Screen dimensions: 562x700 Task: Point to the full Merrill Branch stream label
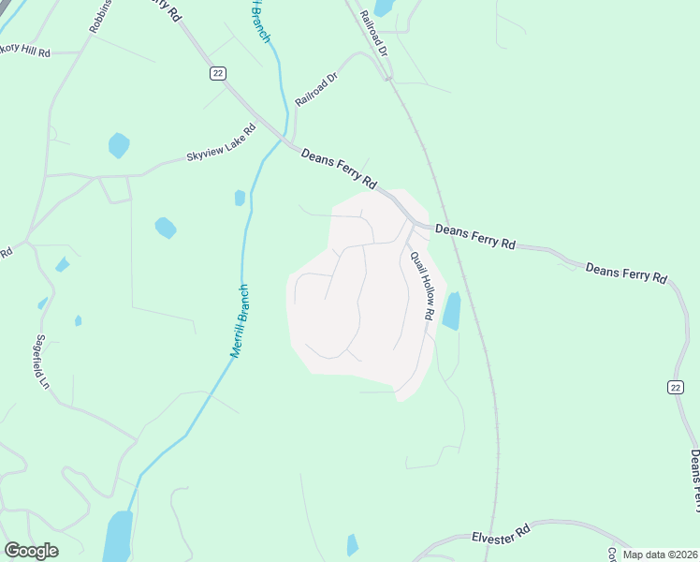point(240,321)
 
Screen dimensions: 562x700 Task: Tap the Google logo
point(31,551)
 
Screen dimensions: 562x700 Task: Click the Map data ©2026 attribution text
point(659,554)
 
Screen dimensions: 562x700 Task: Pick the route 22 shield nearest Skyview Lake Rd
point(218,73)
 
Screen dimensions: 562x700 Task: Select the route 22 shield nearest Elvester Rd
point(676,387)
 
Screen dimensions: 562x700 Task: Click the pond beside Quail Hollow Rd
point(451,311)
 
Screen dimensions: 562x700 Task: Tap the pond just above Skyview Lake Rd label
point(119,145)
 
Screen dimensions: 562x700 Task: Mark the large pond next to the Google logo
point(118,535)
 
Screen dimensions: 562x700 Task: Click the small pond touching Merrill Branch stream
point(241,198)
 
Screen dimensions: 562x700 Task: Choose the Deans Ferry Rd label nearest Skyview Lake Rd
point(339,169)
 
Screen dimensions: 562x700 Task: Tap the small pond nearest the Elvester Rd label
point(352,544)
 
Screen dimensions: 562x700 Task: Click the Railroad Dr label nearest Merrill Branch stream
point(316,87)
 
